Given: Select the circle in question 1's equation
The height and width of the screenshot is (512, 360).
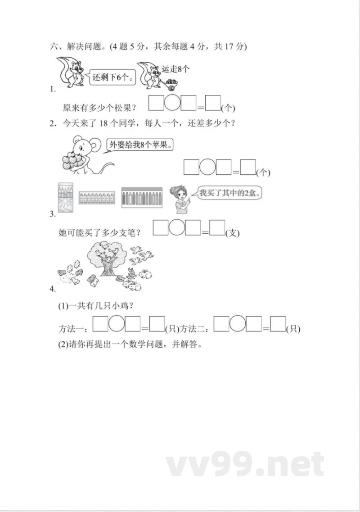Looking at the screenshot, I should click(172, 103).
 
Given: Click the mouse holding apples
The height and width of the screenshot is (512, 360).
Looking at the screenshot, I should click(81, 156).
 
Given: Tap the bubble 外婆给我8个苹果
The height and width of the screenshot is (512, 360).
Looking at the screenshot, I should click(141, 145).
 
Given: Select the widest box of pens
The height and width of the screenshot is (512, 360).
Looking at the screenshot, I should click(141, 197).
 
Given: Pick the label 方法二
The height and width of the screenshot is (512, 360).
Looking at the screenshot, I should click(196, 329).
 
